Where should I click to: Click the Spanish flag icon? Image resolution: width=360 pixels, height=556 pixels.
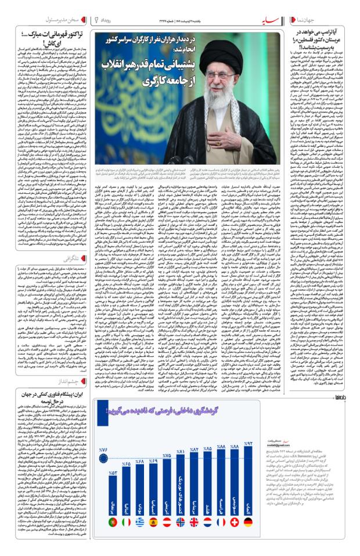[153, 522]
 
